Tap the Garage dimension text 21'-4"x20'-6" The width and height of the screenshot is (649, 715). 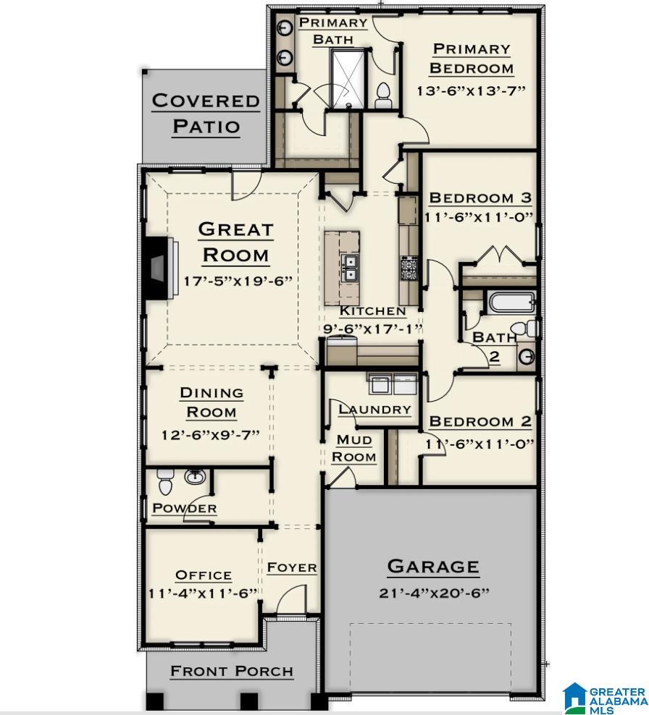pos(434,593)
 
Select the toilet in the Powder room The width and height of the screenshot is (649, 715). pos(165,480)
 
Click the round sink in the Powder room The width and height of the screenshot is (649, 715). pos(194,477)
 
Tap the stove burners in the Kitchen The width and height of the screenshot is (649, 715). pos(409,269)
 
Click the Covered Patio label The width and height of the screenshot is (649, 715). pos(206,114)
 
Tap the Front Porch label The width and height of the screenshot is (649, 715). pos(232,672)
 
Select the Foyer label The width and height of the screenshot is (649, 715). pos(292,567)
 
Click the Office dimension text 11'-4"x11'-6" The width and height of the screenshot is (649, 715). pos(204,593)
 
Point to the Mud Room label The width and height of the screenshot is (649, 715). pos(354,449)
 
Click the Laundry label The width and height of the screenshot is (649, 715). pos(374,410)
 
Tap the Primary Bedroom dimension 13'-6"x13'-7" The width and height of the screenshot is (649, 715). pos(471,91)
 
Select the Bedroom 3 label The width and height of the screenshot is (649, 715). pos(480,198)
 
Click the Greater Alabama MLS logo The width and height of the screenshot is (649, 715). pos(606,696)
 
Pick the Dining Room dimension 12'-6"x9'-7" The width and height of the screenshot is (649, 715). pos(211,435)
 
